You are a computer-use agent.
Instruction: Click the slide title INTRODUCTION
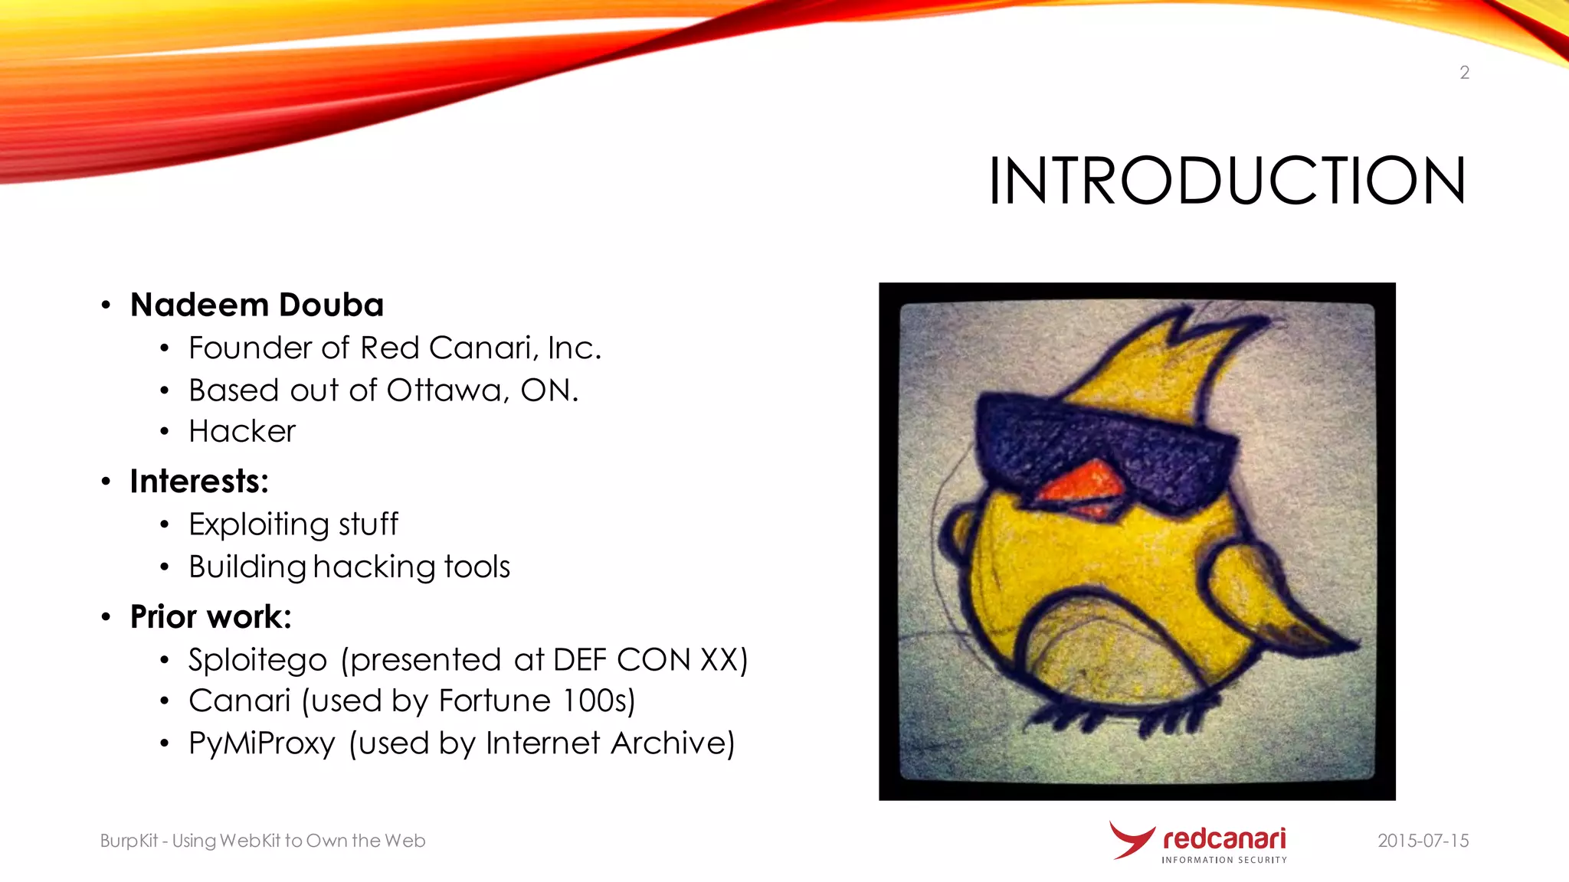tap(1227, 181)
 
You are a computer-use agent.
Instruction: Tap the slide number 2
tap(1464, 73)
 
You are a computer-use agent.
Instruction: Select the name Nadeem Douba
tap(257, 305)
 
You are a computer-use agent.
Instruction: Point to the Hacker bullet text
tap(242, 432)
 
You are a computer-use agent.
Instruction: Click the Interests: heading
tap(199, 482)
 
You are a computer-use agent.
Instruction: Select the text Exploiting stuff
tap(293, 524)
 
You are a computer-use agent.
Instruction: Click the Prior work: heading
tap(211, 617)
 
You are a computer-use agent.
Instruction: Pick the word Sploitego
tap(257, 660)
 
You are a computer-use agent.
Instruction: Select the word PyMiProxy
tap(261, 743)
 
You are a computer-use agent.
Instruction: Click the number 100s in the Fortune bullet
tap(593, 701)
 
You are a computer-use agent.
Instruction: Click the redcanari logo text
tap(1223, 839)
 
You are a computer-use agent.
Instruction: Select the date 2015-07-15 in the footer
tap(1423, 841)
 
